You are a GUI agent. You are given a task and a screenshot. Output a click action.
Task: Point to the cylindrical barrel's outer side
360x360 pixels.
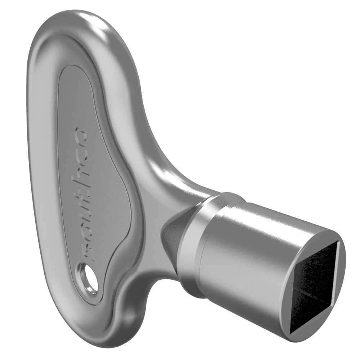(x=248, y=252)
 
